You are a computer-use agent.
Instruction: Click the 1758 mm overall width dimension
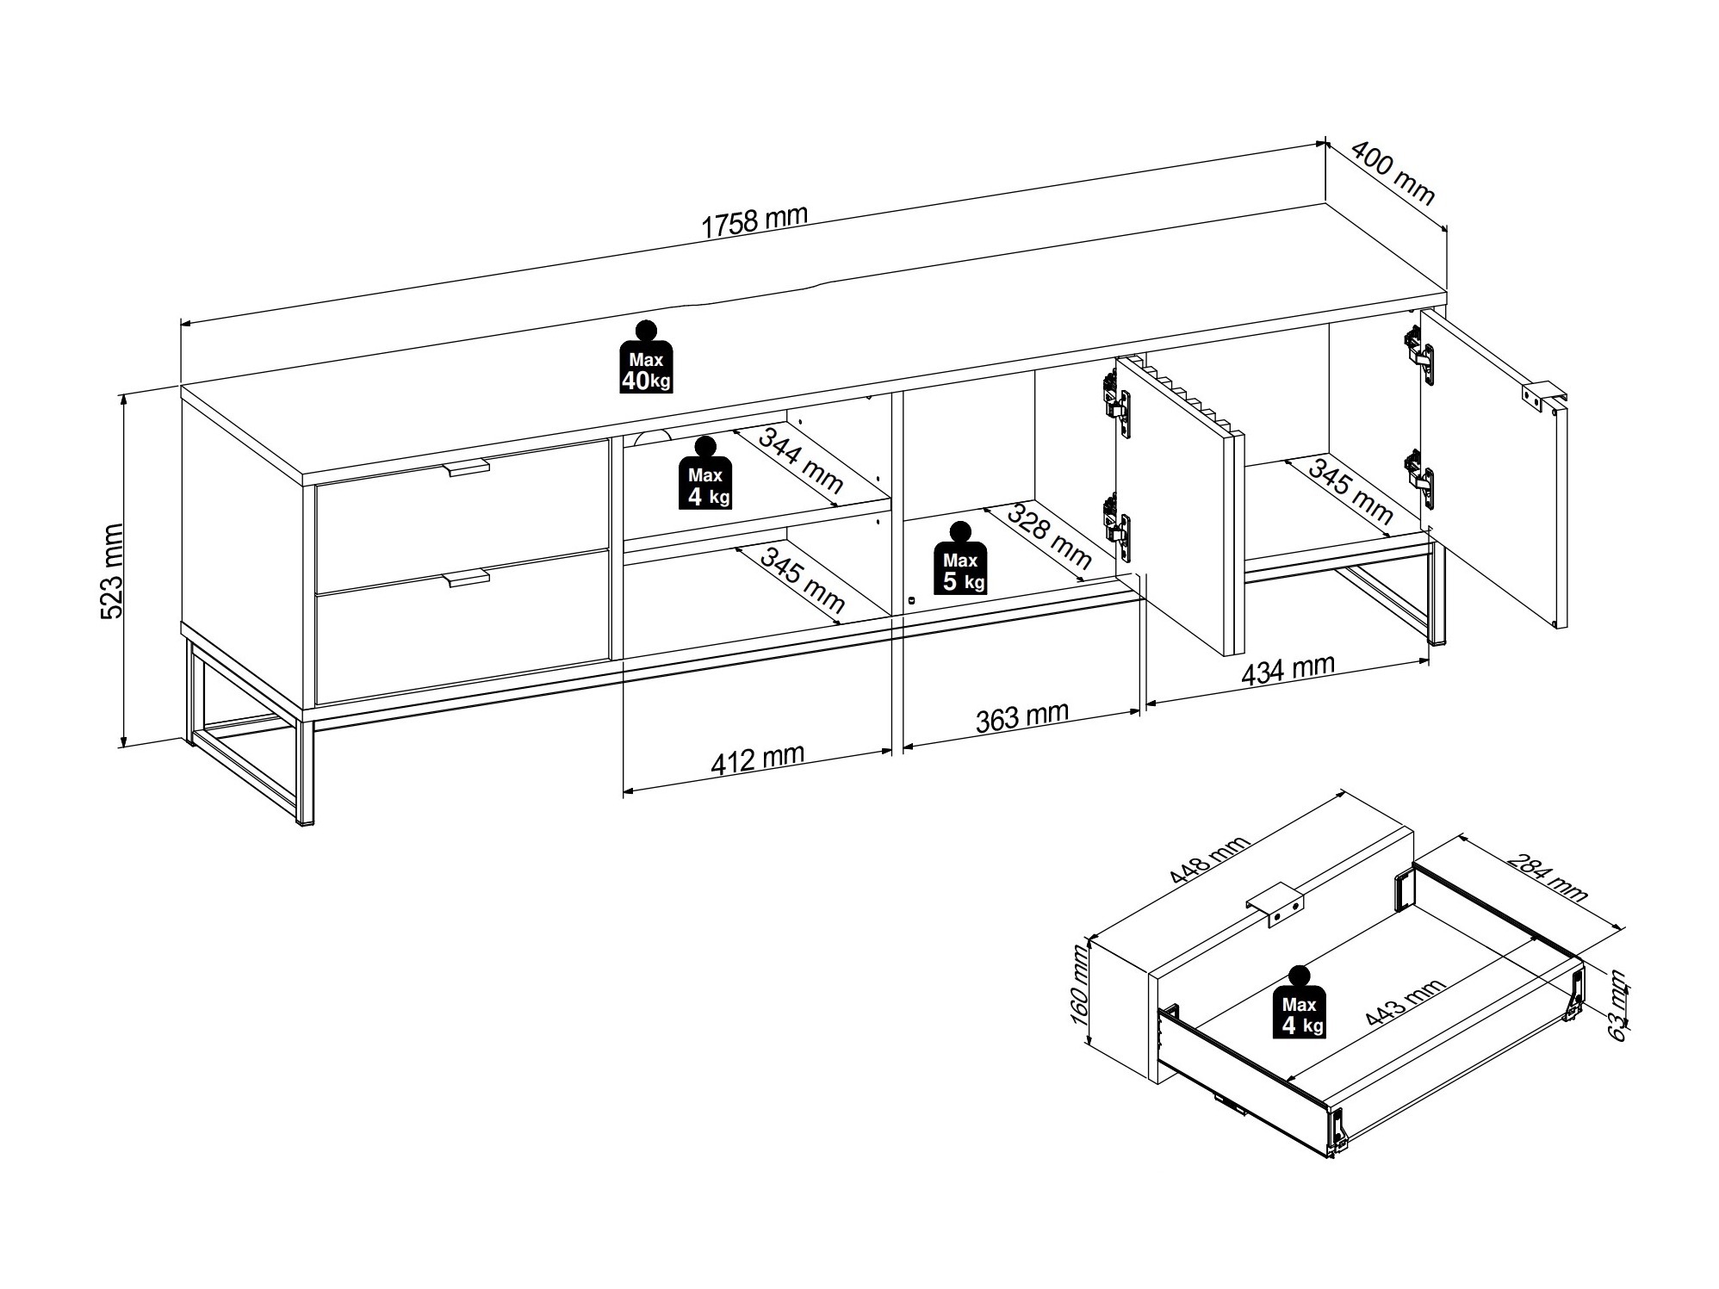pos(754,220)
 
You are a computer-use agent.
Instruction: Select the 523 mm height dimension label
pos(112,571)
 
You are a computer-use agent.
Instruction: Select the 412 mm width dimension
pos(757,759)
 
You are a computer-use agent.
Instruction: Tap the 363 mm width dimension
pos(1021,717)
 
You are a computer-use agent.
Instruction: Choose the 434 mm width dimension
pos(1288,669)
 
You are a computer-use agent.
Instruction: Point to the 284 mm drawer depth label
pos(1546,876)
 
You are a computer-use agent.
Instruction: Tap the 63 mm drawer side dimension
pos(1617,1006)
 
